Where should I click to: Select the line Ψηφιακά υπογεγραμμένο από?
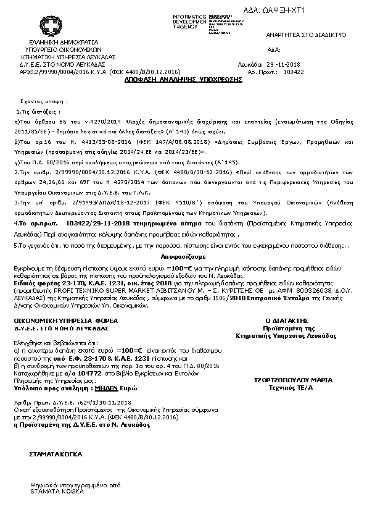[x=69, y=486]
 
